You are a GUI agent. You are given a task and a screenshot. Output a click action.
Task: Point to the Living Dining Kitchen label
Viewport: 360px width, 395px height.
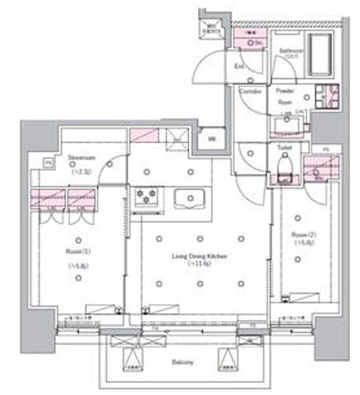(199, 256)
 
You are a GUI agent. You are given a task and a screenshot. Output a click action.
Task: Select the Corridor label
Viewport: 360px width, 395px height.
(251, 92)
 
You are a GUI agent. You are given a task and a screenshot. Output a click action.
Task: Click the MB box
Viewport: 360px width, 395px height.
(211, 138)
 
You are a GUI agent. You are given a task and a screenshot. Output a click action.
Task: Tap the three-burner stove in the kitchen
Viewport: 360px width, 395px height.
(149, 198)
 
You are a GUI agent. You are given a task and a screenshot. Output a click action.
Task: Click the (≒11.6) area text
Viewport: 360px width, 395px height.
(199, 265)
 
